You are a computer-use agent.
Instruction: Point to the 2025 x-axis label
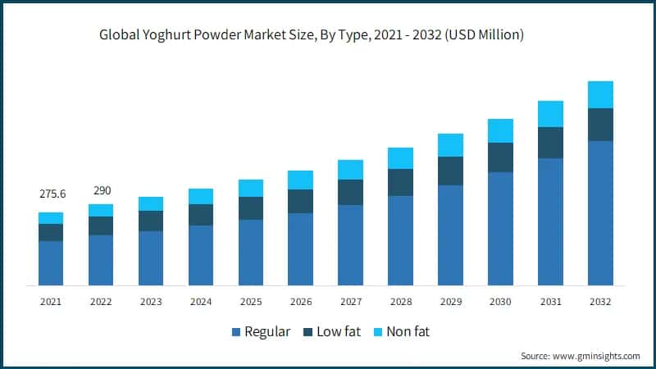[x=251, y=302]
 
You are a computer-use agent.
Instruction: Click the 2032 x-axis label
[x=600, y=302]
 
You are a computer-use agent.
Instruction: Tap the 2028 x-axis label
[x=400, y=302]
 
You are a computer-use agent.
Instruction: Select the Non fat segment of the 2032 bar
[x=600, y=94]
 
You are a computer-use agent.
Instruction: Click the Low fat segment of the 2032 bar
[x=600, y=125]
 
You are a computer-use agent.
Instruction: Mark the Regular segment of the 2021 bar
[x=51, y=263]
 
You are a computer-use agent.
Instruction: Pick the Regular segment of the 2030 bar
[x=500, y=229]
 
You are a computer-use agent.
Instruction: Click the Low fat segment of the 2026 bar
[x=301, y=201]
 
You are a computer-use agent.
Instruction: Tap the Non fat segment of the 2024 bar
[x=201, y=196]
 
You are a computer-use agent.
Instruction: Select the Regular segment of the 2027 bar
[x=351, y=245]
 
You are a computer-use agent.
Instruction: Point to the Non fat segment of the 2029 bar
[x=450, y=145]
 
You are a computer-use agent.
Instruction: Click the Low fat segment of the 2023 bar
[x=151, y=221]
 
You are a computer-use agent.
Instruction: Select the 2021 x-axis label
[x=51, y=302]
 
